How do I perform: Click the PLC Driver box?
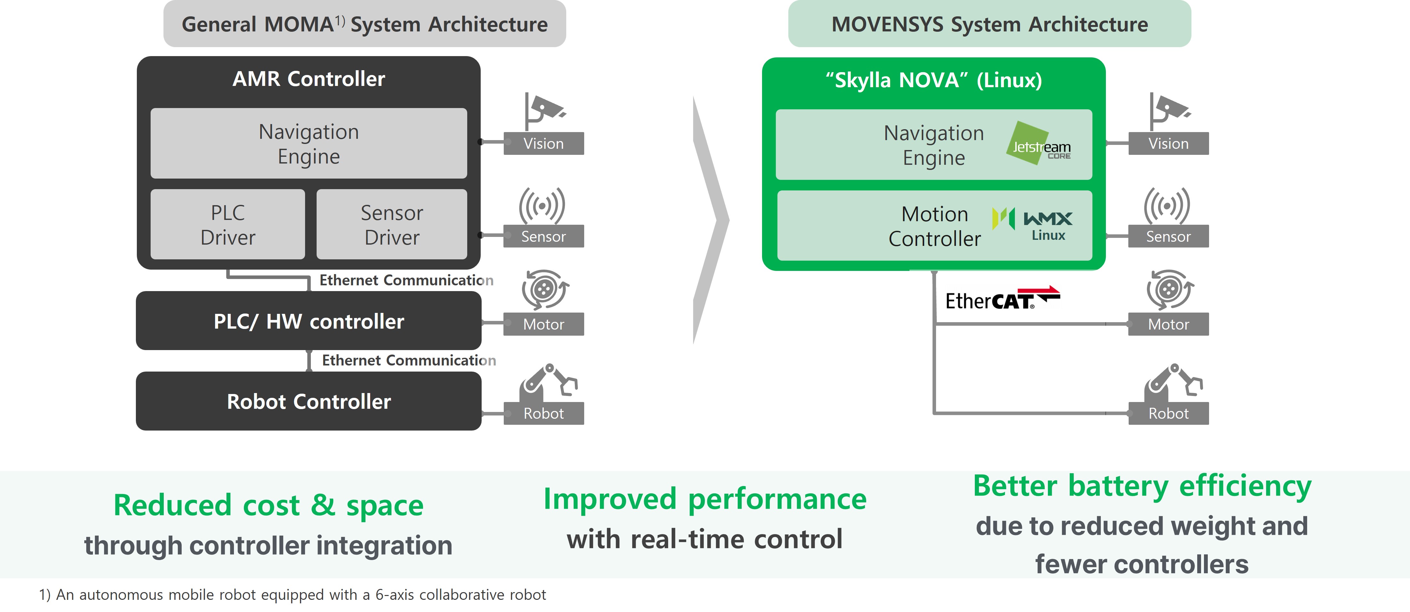coord(228,224)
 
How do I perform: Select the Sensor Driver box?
coord(392,224)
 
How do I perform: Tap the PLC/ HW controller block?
coord(309,321)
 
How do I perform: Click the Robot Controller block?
coord(309,401)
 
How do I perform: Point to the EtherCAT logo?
coord(1002,299)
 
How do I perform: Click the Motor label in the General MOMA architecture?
coord(543,324)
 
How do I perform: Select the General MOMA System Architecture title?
coord(365,24)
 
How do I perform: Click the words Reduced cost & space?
coord(268,505)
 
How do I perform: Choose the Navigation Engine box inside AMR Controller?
coord(309,143)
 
